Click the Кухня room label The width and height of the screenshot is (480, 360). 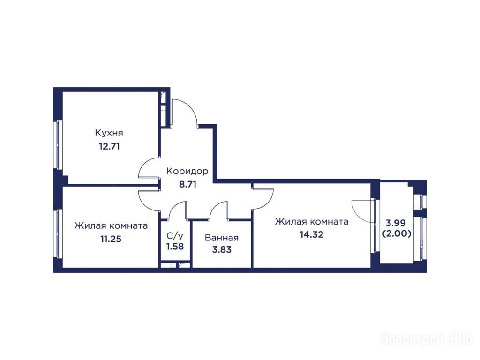(109, 133)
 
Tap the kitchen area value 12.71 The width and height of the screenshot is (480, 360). (109, 146)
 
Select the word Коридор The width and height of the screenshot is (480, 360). (187, 171)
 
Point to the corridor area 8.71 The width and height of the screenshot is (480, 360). (187, 184)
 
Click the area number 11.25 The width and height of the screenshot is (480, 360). (111, 239)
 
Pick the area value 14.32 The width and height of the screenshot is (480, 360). (312, 235)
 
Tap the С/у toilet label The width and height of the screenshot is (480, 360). (175, 236)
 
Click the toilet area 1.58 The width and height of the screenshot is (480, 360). (175, 247)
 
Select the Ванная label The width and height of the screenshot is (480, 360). (222, 238)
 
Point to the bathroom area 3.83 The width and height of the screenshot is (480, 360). (222, 250)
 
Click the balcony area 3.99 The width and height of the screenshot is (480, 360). (396, 223)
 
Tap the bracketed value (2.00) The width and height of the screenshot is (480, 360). (397, 234)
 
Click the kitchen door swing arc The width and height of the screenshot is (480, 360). (144, 164)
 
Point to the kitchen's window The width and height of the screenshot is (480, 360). (58, 145)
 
